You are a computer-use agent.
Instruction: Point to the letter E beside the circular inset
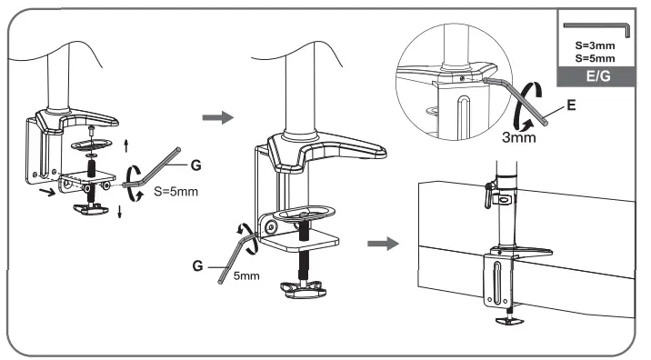569,105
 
